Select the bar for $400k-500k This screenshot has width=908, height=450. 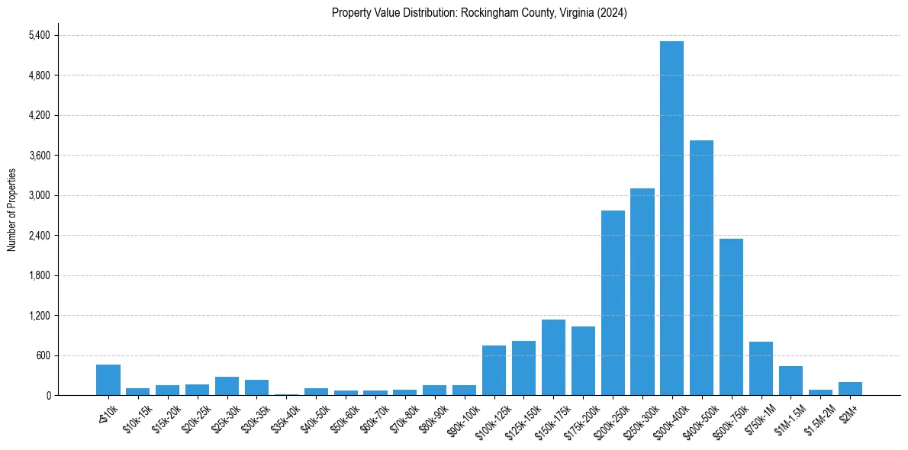pyautogui.click(x=701, y=268)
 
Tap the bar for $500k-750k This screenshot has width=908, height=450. pyautogui.click(x=731, y=317)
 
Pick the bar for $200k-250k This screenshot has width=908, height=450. pyautogui.click(x=613, y=303)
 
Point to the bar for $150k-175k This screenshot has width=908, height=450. pyautogui.click(x=553, y=357)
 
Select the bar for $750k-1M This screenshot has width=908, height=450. pyautogui.click(x=761, y=368)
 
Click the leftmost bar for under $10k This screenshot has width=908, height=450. pyautogui.click(x=108, y=380)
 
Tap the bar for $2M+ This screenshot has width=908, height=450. pyautogui.click(x=850, y=388)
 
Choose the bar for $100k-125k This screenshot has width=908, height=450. pyautogui.click(x=494, y=370)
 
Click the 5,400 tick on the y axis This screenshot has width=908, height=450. pyautogui.click(x=39, y=35)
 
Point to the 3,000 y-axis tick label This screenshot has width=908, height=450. pyautogui.click(x=39, y=195)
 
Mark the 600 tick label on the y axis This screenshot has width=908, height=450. pyautogui.click(x=43, y=355)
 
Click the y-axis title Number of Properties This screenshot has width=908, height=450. pyautogui.click(x=11, y=210)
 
